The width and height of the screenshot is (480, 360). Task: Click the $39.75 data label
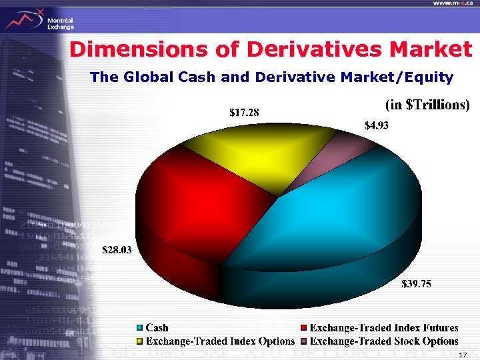click(416, 285)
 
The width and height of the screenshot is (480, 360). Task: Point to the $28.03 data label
click(117, 251)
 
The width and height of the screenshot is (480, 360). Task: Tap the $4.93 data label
click(378, 125)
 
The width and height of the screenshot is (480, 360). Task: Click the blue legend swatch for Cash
click(139, 328)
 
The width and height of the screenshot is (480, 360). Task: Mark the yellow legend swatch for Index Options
click(139, 341)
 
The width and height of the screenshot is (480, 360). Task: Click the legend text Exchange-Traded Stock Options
click(384, 341)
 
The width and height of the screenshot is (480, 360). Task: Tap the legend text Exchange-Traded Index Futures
click(384, 328)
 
